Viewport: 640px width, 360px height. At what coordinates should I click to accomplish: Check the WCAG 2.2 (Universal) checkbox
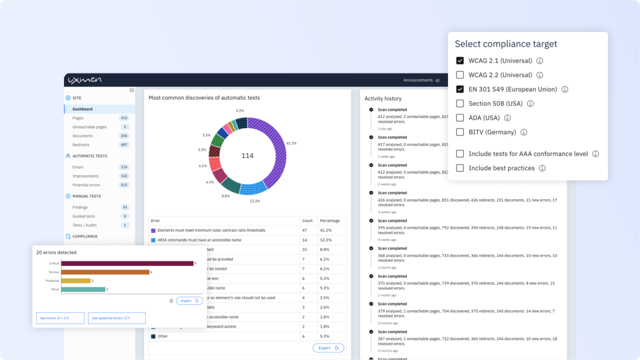point(460,75)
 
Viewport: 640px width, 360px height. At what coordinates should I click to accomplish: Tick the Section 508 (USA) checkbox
point(460,103)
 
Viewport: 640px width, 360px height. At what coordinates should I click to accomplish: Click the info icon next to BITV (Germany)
point(523,132)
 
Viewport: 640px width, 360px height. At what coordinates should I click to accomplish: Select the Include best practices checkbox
point(460,168)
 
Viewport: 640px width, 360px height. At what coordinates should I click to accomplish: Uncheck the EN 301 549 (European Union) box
point(460,89)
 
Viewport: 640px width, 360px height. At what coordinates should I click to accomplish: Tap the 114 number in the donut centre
point(247,155)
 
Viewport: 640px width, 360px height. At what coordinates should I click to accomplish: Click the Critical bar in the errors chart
point(127,263)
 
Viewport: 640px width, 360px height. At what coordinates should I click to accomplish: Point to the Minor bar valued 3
point(83,289)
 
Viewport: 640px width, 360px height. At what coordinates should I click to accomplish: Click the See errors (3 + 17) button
point(60,318)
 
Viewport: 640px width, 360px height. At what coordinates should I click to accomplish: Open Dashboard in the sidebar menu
point(82,109)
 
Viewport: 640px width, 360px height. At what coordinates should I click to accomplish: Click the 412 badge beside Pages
point(124,118)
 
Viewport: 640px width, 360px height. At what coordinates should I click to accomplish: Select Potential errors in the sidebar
point(86,185)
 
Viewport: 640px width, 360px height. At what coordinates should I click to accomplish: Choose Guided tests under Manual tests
point(83,216)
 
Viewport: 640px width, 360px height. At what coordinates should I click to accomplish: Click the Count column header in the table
point(307,220)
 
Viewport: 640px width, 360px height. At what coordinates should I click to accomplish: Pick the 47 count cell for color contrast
point(304,230)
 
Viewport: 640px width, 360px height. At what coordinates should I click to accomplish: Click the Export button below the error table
point(328,348)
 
